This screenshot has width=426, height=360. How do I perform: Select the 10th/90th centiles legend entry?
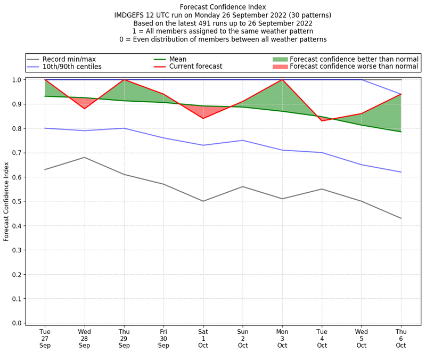point(72,67)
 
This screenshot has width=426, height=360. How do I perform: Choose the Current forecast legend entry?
point(195,67)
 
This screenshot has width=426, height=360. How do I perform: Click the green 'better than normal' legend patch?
point(280,59)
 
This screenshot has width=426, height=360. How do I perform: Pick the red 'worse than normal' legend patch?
point(280,67)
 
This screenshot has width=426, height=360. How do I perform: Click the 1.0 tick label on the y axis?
point(16,80)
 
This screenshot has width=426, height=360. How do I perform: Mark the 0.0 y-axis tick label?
point(16,323)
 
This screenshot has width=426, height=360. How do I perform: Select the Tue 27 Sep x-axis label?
point(45,338)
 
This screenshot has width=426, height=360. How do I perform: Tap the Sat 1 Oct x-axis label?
point(203,338)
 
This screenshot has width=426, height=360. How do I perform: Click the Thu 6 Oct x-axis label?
point(401,338)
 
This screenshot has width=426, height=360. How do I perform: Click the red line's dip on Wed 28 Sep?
point(84,109)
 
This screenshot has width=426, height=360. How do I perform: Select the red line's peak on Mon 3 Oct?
point(282,80)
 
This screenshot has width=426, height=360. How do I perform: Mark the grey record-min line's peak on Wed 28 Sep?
point(84,157)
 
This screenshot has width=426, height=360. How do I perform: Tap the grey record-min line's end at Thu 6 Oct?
point(401,218)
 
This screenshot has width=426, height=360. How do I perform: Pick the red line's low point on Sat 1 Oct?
point(203,118)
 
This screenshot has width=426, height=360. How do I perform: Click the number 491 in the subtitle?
point(206,23)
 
